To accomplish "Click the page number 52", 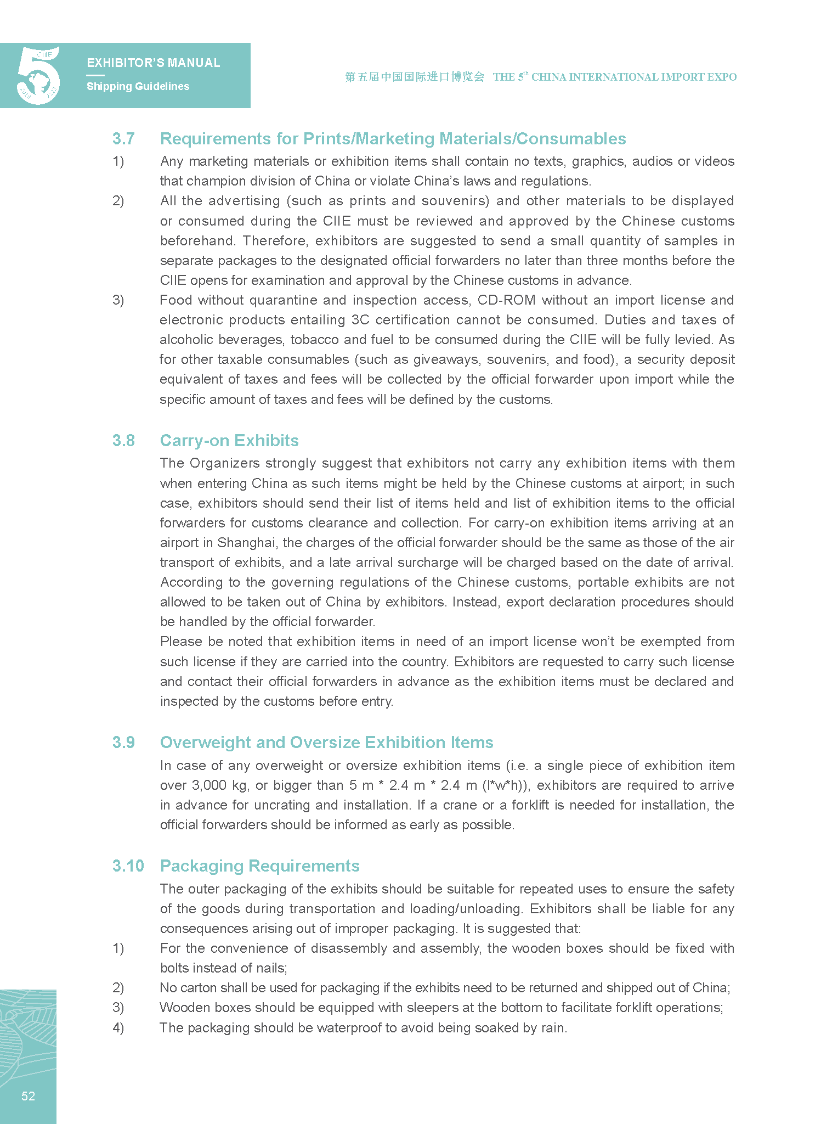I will coord(28,1096).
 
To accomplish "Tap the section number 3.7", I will coord(123,139).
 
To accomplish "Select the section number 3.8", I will coord(123,441).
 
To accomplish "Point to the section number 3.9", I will coord(123,743).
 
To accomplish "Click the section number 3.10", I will coord(128,866).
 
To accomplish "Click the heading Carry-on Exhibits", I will coord(229,441).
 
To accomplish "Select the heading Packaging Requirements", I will coord(259,866).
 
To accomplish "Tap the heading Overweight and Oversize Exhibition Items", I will coord(326,743).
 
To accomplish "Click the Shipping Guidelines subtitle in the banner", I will coord(138,86).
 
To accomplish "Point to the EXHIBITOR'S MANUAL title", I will coord(154,63).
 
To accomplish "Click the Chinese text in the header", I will coord(415,77).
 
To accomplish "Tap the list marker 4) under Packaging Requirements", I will coord(118,1028).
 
